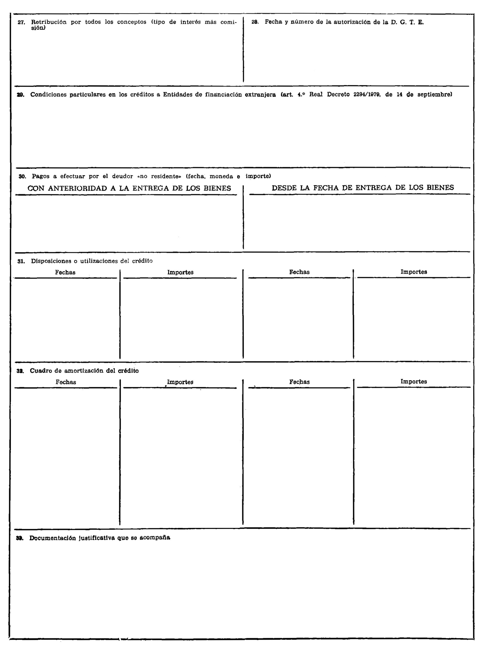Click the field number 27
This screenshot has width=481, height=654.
pyautogui.click(x=21, y=22)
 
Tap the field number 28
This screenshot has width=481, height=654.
pyautogui.click(x=255, y=22)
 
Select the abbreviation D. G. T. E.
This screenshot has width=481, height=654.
pyautogui.click(x=407, y=22)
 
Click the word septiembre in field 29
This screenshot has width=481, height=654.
pyautogui.click(x=434, y=95)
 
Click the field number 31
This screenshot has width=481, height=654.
pyautogui.click(x=21, y=261)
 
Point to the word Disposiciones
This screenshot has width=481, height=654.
pyautogui.click(x=51, y=261)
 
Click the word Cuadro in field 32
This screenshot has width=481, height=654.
pyautogui.click(x=40, y=371)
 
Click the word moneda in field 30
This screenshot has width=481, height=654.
pyautogui.click(x=221, y=176)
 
